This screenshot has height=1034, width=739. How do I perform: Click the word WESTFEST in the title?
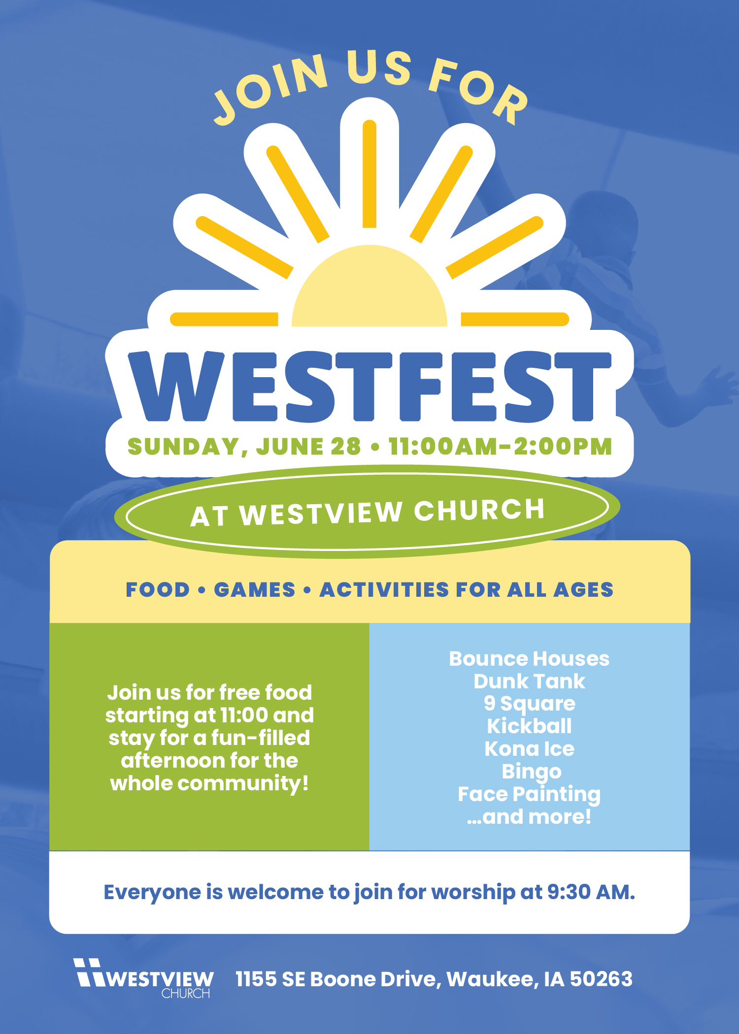(369, 387)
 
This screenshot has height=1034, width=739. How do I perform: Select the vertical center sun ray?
(369, 174)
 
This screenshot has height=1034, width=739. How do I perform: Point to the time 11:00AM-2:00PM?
(500, 447)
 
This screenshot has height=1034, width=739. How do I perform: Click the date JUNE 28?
(308, 447)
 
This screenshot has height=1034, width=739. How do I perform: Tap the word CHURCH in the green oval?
(479, 510)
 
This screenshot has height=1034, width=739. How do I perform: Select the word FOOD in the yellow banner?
(158, 590)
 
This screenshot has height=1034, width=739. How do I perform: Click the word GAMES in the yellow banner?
(254, 590)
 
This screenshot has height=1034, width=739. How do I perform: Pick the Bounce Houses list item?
(529, 659)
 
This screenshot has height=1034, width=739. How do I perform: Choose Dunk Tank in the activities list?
(529, 681)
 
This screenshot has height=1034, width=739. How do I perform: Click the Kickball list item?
(529, 726)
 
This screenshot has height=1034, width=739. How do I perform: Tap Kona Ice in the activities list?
(529, 749)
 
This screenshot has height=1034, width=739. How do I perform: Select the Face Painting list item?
(529, 795)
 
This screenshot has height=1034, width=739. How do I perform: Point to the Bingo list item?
(531, 772)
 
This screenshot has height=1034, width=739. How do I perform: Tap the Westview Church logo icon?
(89, 972)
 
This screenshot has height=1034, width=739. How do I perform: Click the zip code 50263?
(601, 979)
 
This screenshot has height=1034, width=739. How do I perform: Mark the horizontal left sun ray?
(224, 319)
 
